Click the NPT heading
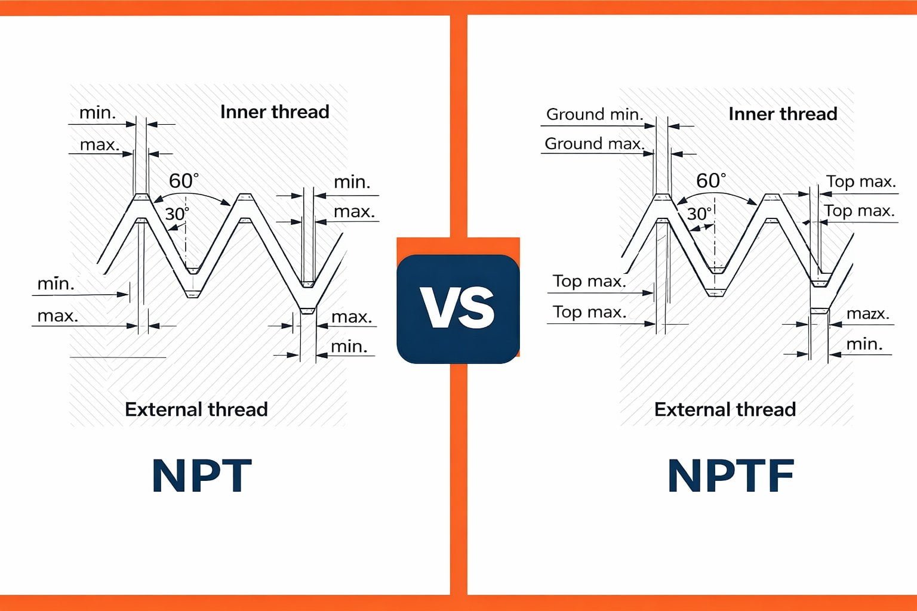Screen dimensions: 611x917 click(202, 475)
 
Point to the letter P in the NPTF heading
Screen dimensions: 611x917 click(718, 475)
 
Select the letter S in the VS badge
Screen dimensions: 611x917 click(477, 308)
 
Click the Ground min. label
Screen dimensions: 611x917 click(595, 114)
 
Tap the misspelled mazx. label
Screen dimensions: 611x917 click(867, 314)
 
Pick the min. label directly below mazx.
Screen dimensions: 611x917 click(864, 344)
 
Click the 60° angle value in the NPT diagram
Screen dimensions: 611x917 click(183, 180)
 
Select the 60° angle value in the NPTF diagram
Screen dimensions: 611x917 click(711, 180)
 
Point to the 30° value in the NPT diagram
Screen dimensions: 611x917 click(177, 213)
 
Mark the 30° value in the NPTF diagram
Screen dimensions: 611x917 click(699, 213)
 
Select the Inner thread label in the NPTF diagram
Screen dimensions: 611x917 click(783, 113)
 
